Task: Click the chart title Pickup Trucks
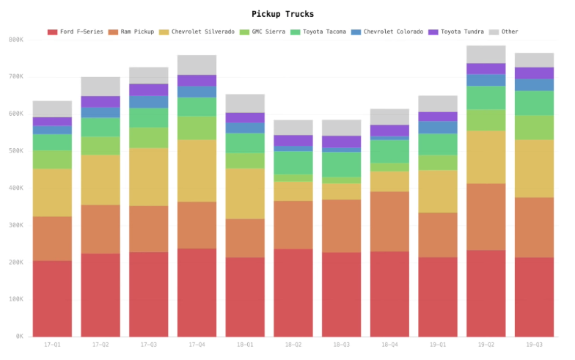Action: point(282,14)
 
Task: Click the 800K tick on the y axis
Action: point(15,40)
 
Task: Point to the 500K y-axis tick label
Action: point(15,151)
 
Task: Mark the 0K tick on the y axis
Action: point(18,337)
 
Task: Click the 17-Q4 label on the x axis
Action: point(197,345)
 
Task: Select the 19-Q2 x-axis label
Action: point(486,345)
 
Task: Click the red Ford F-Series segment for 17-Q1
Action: point(52,298)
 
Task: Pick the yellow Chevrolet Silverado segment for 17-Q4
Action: point(197,171)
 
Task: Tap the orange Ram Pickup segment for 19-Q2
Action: point(486,217)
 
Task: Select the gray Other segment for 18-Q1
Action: point(245,103)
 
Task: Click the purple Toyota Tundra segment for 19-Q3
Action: point(535,73)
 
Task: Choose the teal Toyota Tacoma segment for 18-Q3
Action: point(342,164)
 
